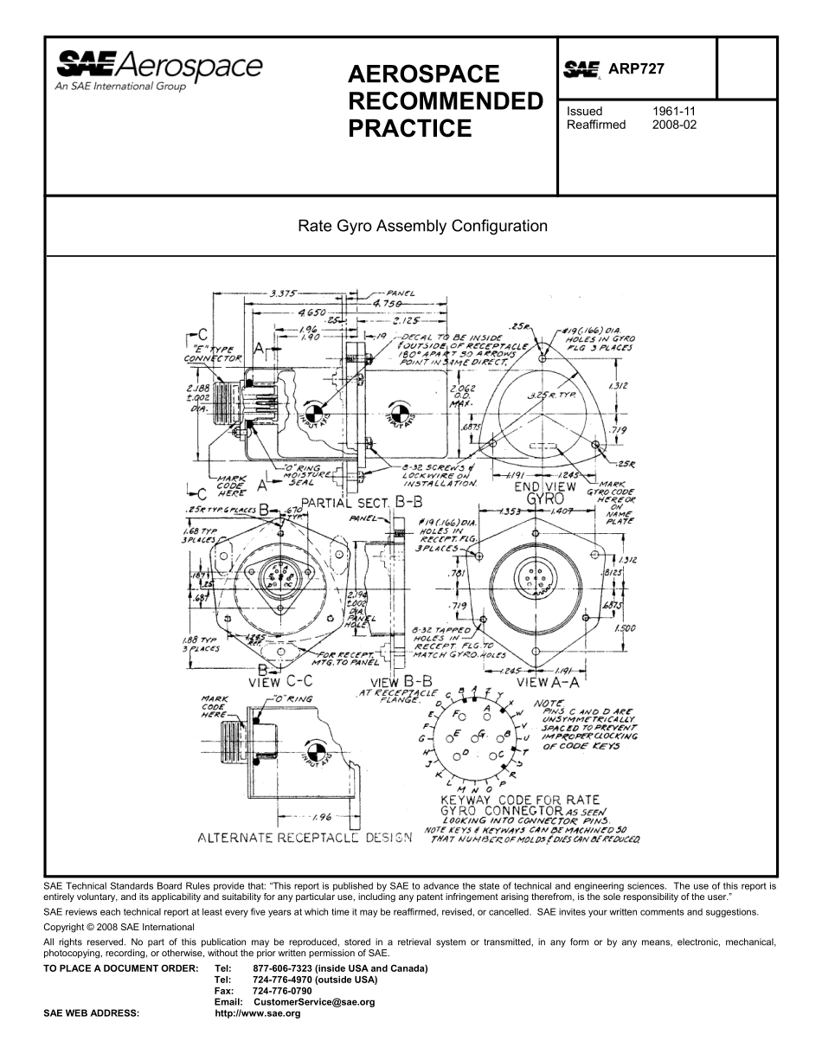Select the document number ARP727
(636, 69)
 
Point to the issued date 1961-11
(674, 112)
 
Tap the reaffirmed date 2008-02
(674, 125)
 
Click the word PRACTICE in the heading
(410, 129)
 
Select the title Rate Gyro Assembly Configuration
(423, 227)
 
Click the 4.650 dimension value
(312, 311)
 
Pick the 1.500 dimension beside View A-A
(624, 629)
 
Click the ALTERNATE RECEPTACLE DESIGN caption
(305, 838)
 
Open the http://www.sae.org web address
(257, 1013)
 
